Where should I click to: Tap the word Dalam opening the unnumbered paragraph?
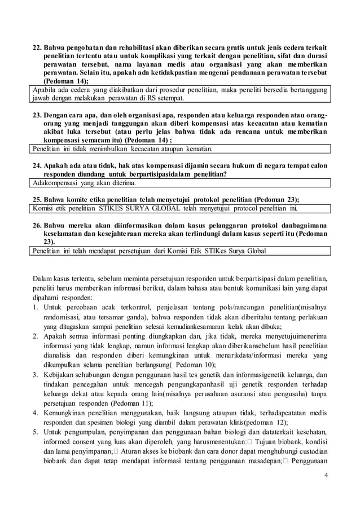coord(41,278)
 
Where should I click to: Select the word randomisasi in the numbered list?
coord(61,317)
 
